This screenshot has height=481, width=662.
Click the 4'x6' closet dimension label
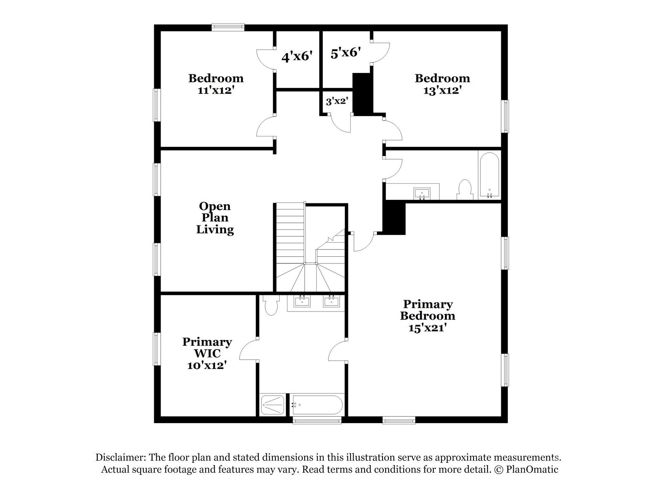click(297, 57)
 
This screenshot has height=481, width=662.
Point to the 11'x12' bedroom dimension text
click(216, 91)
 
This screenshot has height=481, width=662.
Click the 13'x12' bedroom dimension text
click(442, 91)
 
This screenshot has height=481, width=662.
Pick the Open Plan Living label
click(215, 218)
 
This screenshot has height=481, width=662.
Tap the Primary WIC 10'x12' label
click(207, 353)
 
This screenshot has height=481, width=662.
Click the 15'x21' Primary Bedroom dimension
click(428, 328)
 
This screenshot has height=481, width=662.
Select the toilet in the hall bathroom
click(465, 190)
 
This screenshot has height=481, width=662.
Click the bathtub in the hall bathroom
click(489, 175)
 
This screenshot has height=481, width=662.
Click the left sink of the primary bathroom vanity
click(302, 301)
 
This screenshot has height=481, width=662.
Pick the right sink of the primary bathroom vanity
click(331, 301)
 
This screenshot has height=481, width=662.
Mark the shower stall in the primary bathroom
click(273, 405)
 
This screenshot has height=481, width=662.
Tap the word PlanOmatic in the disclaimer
click(532, 469)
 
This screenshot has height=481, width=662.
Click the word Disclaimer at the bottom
click(120, 457)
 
